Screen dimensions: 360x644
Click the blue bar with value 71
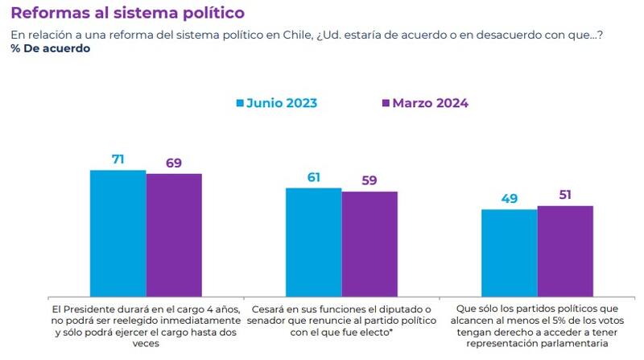[x=118, y=232]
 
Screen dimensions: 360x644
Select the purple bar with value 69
[x=174, y=234]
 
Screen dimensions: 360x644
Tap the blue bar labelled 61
[x=314, y=240]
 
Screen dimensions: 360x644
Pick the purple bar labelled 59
[x=369, y=242]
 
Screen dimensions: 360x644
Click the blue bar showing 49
[x=509, y=251]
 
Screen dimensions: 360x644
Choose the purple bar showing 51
[x=565, y=250]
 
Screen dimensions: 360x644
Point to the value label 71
[x=118, y=159]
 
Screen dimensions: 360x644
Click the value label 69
[x=174, y=163]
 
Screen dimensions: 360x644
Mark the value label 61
[x=314, y=177]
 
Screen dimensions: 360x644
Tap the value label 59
[x=369, y=180]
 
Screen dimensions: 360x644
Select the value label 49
[x=509, y=198]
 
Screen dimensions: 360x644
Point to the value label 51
[x=565, y=195]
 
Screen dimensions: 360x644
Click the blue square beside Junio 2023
[x=239, y=103]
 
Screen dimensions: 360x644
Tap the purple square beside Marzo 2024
[x=386, y=103]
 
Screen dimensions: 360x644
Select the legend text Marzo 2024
[x=431, y=103]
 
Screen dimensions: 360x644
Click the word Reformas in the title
[x=43, y=14]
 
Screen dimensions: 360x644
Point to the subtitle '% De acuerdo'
[x=50, y=48]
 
